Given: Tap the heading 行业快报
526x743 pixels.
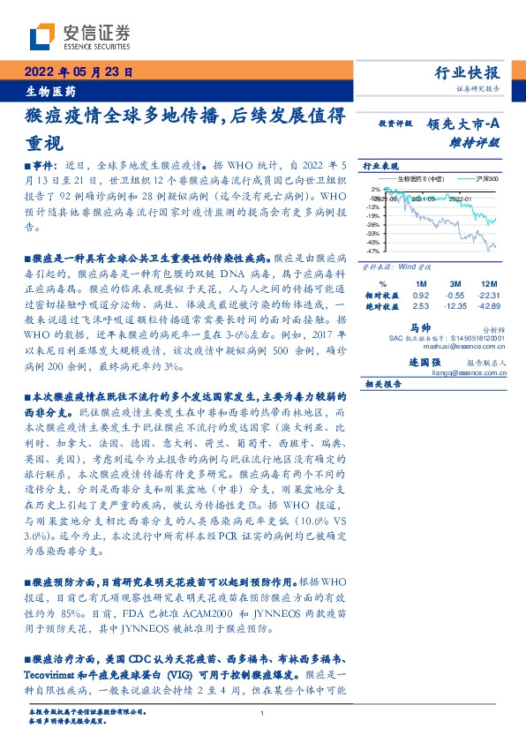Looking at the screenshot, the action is tap(468, 73).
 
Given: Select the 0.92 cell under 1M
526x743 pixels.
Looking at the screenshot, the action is tap(421, 293).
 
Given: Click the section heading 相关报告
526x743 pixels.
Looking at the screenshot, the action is tap(383, 384).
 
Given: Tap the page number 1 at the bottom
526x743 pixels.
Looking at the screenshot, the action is tap(262, 712).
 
